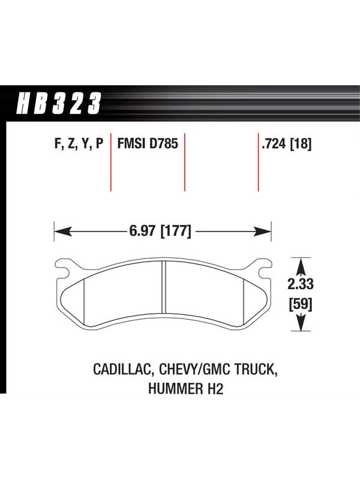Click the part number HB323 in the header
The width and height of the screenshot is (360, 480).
click(x=58, y=103)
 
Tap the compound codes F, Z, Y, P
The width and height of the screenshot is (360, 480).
click(x=79, y=143)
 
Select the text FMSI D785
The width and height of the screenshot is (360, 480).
click(x=148, y=143)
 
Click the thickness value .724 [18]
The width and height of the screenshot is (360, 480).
click(x=287, y=144)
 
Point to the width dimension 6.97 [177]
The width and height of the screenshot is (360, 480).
click(x=160, y=231)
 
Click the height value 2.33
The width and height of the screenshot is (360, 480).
click(x=301, y=284)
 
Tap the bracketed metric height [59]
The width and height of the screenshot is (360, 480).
click(x=301, y=305)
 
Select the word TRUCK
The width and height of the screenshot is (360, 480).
click(x=256, y=369)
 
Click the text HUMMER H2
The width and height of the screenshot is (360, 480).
click(x=186, y=389)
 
